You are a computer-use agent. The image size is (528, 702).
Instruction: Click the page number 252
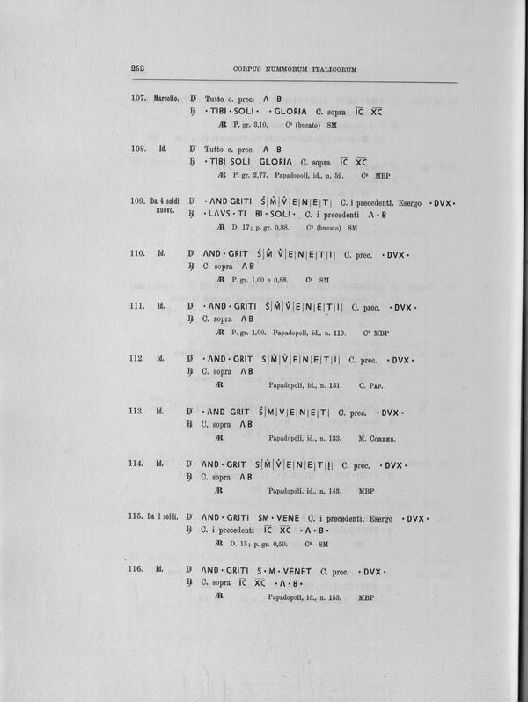pos(138,69)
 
